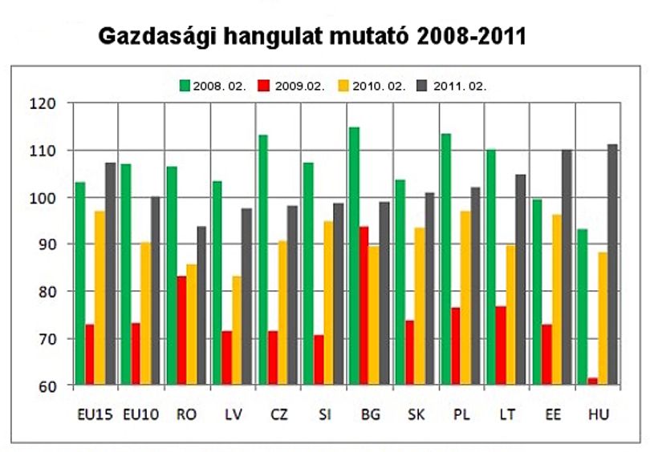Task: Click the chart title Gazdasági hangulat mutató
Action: [x=255, y=37]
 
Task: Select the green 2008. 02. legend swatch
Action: [x=185, y=86]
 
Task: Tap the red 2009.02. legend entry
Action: [x=291, y=86]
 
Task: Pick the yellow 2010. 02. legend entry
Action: [x=372, y=86]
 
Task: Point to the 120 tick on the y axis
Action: [x=43, y=103]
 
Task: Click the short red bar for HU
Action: [x=593, y=381]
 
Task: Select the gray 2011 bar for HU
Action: [x=613, y=264]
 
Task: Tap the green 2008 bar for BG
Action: [x=354, y=256]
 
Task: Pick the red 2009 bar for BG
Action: [x=364, y=305]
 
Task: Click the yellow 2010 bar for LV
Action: [x=237, y=330]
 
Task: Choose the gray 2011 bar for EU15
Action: [x=111, y=273]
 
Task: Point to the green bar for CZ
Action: [x=263, y=260]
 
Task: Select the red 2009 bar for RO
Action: [x=181, y=330]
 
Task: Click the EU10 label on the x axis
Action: [x=141, y=414]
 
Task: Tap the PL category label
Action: [x=461, y=414]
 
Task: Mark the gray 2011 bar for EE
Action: [x=567, y=268]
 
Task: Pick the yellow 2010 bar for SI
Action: [x=328, y=303]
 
